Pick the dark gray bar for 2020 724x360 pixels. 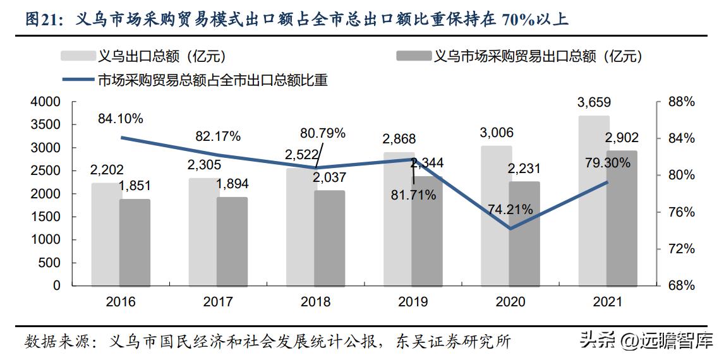(524, 234)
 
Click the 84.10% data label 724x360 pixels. (120, 118)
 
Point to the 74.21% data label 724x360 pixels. (510, 209)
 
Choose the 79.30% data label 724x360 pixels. (608, 163)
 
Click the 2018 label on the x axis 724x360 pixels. (315, 301)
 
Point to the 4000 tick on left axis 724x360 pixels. (45, 102)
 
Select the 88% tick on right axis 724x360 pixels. (680, 102)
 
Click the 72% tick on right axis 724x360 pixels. (680, 249)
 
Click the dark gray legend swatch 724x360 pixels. (413, 56)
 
